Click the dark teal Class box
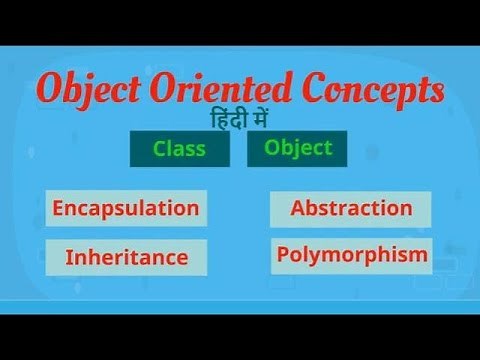(x=180, y=150)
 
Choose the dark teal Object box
(x=297, y=149)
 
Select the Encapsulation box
(x=126, y=208)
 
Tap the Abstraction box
(x=351, y=208)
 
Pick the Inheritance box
(x=126, y=257)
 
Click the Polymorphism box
(x=351, y=255)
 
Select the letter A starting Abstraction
(x=297, y=208)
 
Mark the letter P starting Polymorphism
(x=283, y=255)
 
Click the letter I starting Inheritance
(x=68, y=257)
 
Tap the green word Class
(x=180, y=150)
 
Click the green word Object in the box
(x=297, y=148)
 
